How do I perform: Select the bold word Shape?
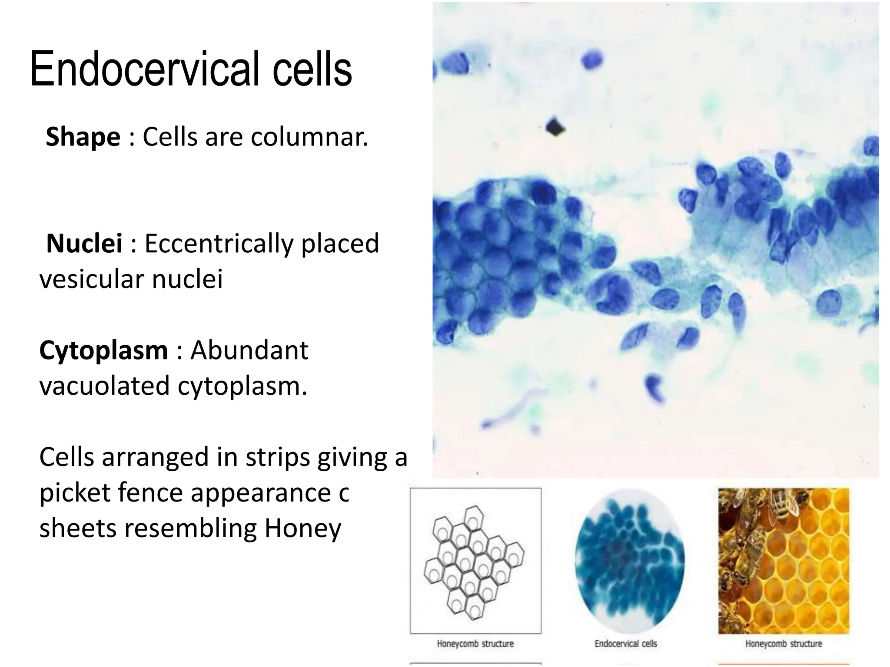[x=83, y=137]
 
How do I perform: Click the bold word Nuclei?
[x=84, y=244]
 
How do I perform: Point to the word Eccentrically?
[x=219, y=244]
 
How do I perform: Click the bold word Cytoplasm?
[x=103, y=350]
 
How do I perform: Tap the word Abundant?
[x=249, y=350]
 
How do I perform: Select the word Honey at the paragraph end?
[x=302, y=528]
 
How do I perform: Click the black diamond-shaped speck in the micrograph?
[x=555, y=127]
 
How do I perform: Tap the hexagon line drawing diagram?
[x=475, y=561]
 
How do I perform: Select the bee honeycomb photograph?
[x=783, y=561]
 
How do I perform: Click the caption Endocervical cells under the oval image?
[x=626, y=644]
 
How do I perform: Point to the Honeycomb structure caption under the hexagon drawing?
[x=475, y=644]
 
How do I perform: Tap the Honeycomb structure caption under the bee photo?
[x=784, y=644]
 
